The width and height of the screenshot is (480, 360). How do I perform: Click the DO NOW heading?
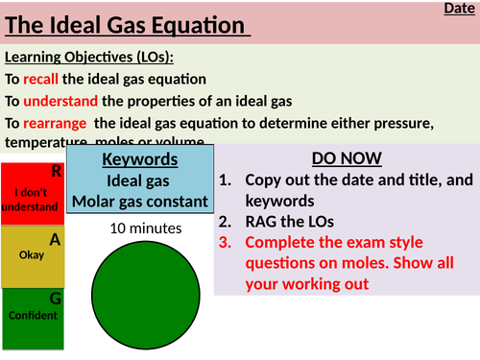click(x=347, y=157)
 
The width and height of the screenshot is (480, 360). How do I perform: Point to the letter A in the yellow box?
click(x=56, y=239)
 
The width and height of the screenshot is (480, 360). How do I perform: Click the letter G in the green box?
click(x=56, y=299)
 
